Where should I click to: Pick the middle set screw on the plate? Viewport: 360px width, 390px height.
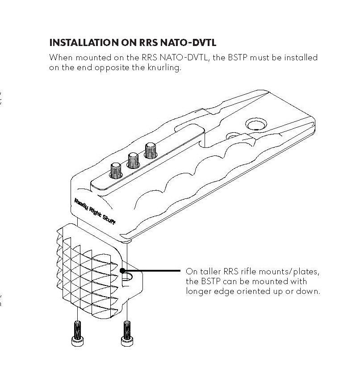point(133,159)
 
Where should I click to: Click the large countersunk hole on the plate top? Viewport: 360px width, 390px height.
point(255,125)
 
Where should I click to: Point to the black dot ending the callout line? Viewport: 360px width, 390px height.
point(122,271)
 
